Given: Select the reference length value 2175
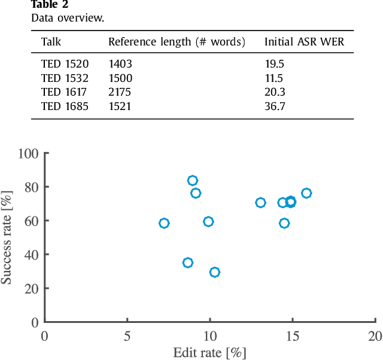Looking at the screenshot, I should click(x=120, y=92).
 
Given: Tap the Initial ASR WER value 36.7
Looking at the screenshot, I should click(x=275, y=106).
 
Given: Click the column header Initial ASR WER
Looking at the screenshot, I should click(x=305, y=42).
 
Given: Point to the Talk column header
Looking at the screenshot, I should click(x=51, y=42).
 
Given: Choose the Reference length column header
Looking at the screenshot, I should click(x=177, y=42).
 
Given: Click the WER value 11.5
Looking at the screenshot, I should click(x=274, y=78).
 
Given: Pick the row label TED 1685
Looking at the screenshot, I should click(x=65, y=106).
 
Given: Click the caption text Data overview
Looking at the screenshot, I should click(x=67, y=17).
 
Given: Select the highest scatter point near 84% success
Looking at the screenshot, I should click(x=192, y=181).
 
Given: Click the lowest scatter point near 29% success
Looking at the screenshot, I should click(x=214, y=272).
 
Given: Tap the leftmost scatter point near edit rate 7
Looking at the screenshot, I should click(x=164, y=223).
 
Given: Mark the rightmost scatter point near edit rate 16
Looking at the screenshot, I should click(x=306, y=193).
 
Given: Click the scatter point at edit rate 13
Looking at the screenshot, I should click(x=260, y=203).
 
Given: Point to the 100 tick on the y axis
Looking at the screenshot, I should click(x=29, y=153).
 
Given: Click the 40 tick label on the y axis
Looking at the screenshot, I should click(x=32, y=255).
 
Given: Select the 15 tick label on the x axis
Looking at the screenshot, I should click(x=292, y=336).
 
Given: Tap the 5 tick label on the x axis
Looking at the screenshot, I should click(x=127, y=336).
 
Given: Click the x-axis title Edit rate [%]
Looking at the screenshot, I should click(x=209, y=352).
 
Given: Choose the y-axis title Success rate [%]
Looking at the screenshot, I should click(x=8, y=237).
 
